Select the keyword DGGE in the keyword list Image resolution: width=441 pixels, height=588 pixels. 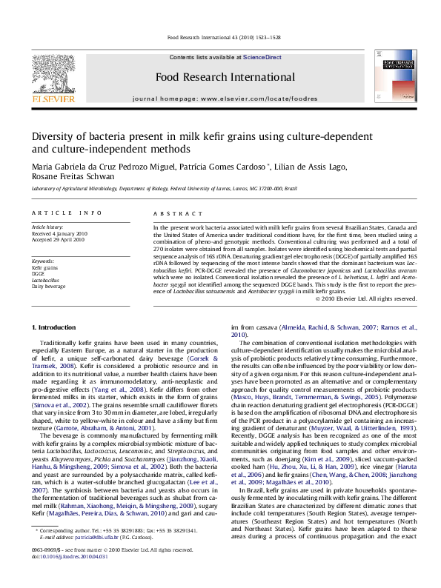[x=39, y=273]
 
